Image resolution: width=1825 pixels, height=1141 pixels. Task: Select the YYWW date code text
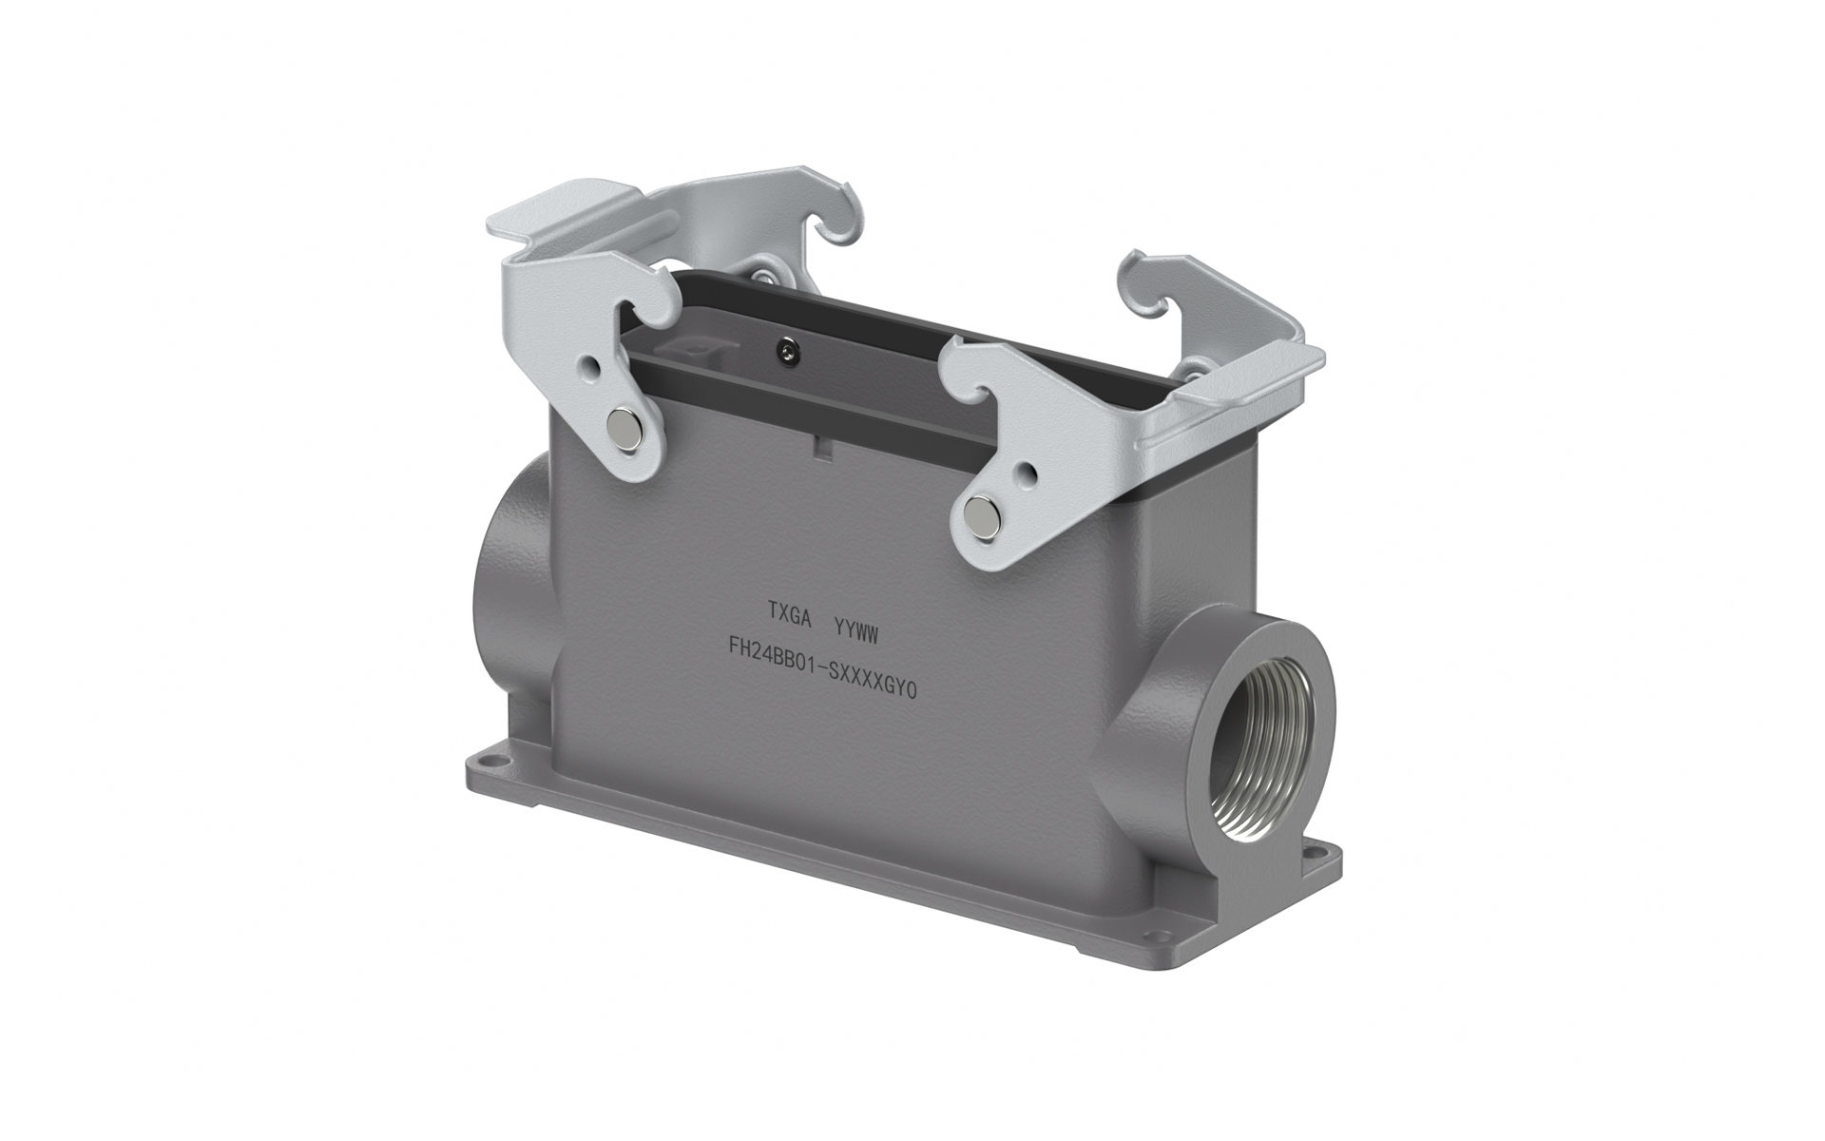[861, 629]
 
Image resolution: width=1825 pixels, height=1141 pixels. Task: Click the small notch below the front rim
[818, 443]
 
